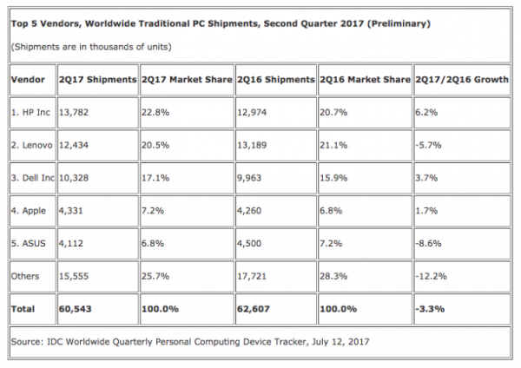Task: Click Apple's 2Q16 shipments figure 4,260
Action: pos(252,210)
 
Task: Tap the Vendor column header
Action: pos(27,79)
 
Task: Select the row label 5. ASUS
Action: pos(31,242)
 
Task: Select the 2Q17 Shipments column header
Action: pos(96,79)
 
